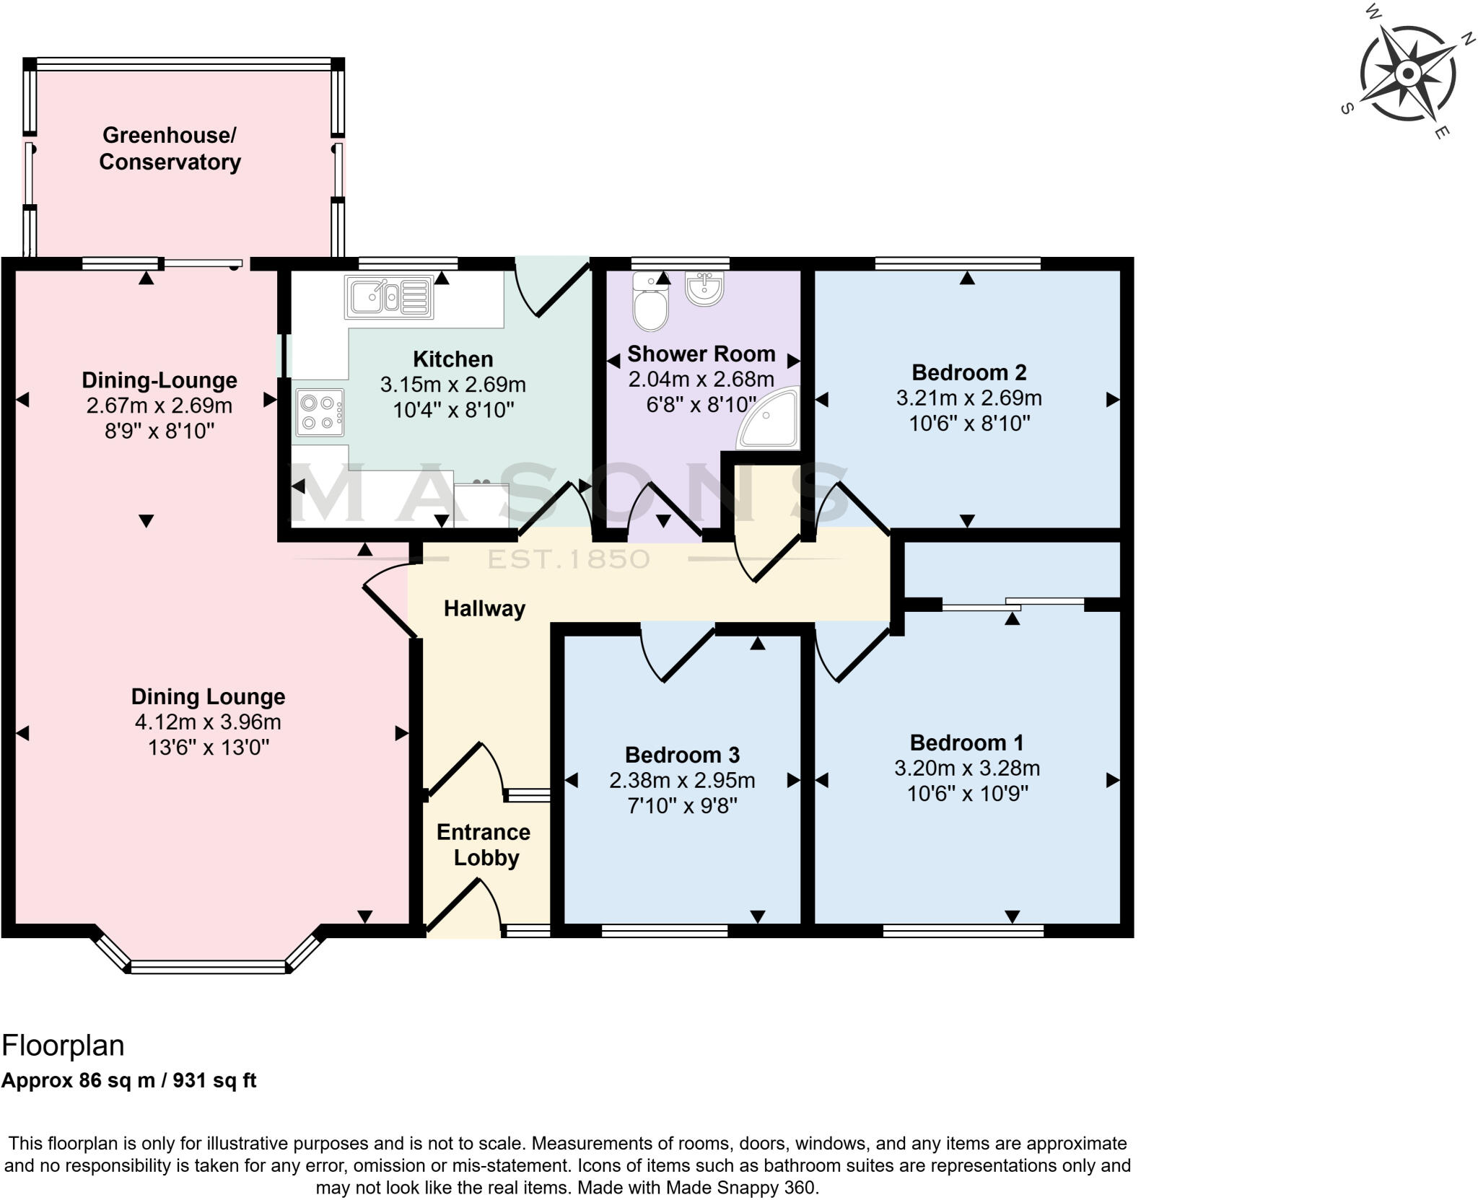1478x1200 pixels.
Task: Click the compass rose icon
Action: click(x=1407, y=73)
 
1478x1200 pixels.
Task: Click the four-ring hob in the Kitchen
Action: click(x=320, y=413)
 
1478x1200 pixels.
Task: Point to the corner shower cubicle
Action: click(x=772, y=421)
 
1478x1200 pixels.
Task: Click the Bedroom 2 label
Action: click(x=968, y=372)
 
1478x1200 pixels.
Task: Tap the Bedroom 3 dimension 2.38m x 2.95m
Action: click(x=682, y=780)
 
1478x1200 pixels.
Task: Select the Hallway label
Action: click(x=484, y=608)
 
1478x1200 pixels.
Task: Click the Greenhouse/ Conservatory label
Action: click(x=170, y=149)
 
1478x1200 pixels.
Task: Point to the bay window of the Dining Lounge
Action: click(x=209, y=966)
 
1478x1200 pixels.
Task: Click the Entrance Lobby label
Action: click(x=484, y=845)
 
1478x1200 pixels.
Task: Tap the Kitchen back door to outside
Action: click(x=554, y=289)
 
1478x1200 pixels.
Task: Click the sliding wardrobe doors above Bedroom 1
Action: click(x=1013, y=604)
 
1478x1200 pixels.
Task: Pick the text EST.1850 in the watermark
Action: click(x=569, y=559)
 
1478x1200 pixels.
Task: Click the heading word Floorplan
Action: click(x=63, y=1045)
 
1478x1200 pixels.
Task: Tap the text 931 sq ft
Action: click(x=214, y=1080)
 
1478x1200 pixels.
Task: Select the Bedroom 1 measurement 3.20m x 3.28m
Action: click(x=967, y=768)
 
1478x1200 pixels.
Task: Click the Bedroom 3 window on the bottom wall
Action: click(x=665, y=932)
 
